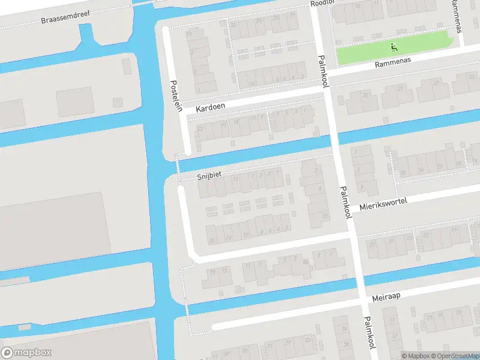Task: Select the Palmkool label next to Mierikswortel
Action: point(346,201)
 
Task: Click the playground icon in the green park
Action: point(394,46)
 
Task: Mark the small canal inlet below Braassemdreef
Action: point(89,39)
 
